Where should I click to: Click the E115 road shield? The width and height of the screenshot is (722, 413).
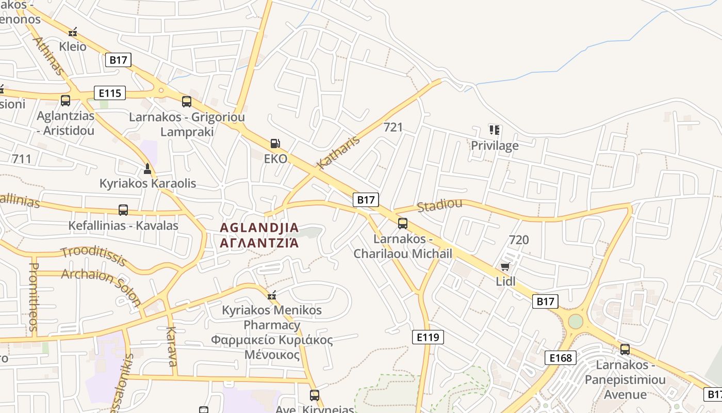tap(110, 93)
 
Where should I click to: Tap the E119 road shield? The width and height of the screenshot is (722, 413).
tap(428, 337)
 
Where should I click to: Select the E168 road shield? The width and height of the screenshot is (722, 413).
tap(560, 358)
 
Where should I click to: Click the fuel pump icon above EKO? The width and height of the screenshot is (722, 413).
tap(275, 144)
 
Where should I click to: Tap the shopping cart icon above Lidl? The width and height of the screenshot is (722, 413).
tap(505, 266)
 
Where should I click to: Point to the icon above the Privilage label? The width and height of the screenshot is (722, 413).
tap(495, 130)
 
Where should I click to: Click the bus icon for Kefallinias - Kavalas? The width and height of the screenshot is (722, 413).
tap(123, 210)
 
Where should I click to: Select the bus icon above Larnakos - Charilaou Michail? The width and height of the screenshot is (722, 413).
tap(403, 224)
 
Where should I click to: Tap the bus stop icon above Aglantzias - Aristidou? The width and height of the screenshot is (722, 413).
tap(65, 101)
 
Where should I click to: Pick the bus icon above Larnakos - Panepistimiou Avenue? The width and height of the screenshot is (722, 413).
tap(625, 350)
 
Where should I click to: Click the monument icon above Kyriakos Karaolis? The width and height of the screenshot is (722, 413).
tap(147, 168)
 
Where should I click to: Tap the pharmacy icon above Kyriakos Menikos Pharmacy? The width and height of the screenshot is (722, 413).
tap(272, 295)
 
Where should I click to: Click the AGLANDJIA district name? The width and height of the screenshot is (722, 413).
tap(259, 228)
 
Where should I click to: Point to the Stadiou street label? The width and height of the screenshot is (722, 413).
tap(439, 205)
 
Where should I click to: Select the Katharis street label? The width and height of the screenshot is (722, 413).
tap(338, 152)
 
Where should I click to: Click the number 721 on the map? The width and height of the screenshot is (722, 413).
tap(393, 127)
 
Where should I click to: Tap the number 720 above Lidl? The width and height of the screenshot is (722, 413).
tap(519, 240)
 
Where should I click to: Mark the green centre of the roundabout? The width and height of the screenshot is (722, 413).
tap(576, 322)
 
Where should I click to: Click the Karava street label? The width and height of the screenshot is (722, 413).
tap(172, 346)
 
